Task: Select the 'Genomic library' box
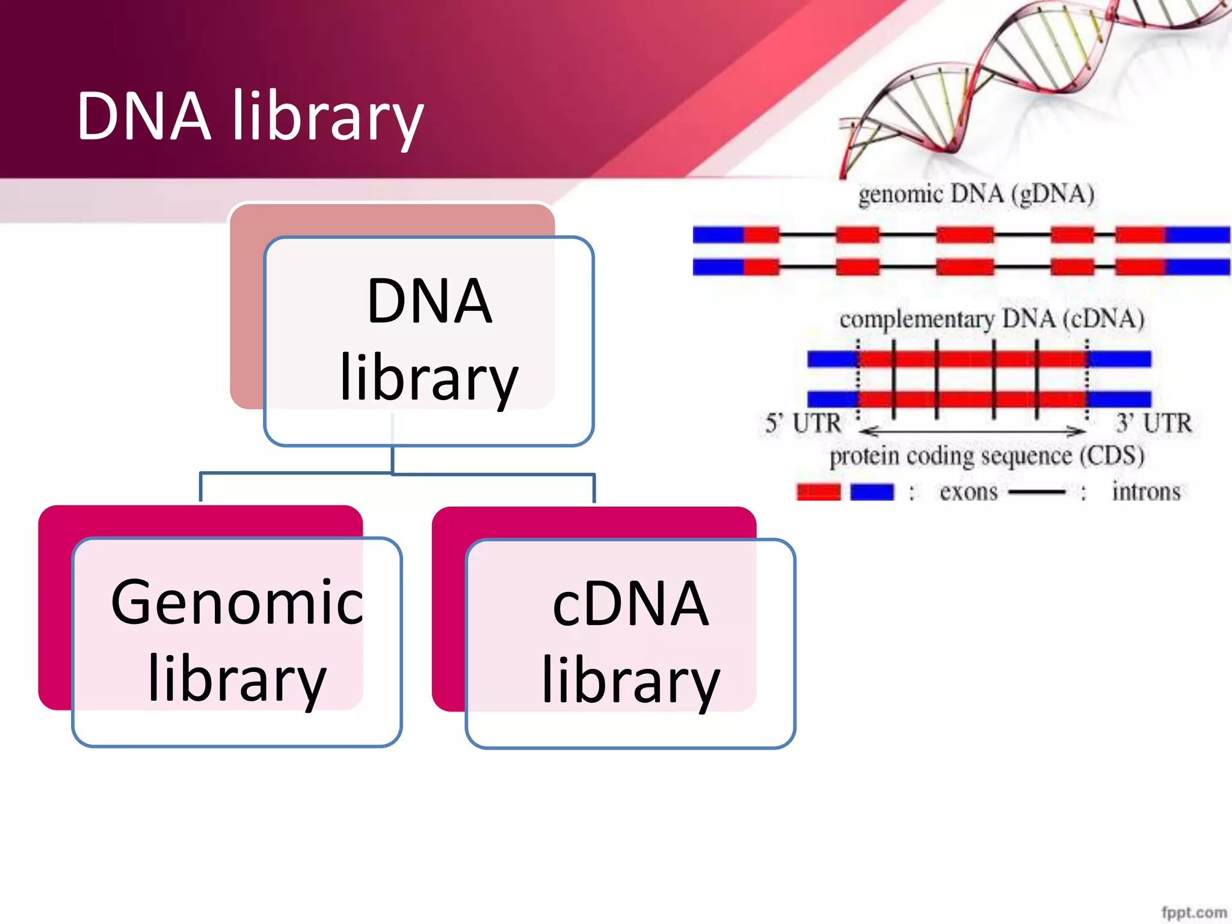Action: (237, 641)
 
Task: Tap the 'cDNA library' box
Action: (630, 643)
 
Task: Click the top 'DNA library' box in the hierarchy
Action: (429, 340)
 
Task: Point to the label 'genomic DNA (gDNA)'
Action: (976, 194)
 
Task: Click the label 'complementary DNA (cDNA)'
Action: (991, 319)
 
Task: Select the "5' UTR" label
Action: (803, 423)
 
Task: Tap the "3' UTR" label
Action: (1154, 423)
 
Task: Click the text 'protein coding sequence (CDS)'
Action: (987, 456)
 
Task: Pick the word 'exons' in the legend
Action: (969, 492)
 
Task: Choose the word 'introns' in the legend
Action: (1146, 492)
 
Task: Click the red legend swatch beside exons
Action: (818, 492)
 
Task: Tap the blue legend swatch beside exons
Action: (872, 492)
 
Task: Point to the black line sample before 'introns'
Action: (1036, 493)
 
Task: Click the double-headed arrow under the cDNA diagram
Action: (972, 431)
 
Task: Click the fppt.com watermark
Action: (1193, 912)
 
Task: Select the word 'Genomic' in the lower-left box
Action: (237, 602)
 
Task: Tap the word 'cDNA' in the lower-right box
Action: (630, 604)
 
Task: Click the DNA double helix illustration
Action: (1023, 78)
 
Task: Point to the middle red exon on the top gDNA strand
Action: (964, 235)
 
